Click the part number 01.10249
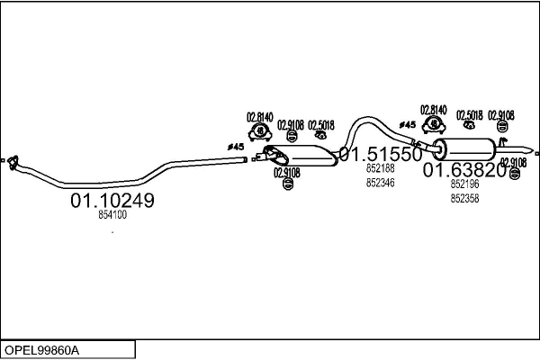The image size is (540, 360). coord(112,200)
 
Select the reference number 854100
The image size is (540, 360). coord(112,214)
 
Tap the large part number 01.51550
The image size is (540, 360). coord(381,154)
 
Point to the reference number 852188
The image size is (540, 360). coord(380,168)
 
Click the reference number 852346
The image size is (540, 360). coord(380,183)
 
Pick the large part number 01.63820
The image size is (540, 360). coord(464,170)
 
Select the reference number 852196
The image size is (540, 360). coord(464,184)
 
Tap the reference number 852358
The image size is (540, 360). coord(464,198)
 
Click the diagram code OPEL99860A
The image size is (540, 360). coord(41,350)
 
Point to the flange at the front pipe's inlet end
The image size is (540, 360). coord(13,162)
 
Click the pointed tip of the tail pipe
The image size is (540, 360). coord(534,150)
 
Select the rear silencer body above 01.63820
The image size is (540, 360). coord(463,149)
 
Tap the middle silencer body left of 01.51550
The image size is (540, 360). coord(302,156)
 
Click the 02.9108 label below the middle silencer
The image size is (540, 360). coord(287,173)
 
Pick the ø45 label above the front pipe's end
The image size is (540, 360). coord(236,147)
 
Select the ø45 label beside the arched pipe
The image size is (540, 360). coord(408,125)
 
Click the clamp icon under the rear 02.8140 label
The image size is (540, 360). coord(434,125)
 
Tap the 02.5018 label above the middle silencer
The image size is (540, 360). coord(321,125)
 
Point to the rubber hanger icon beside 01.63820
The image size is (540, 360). coord(514,174)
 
